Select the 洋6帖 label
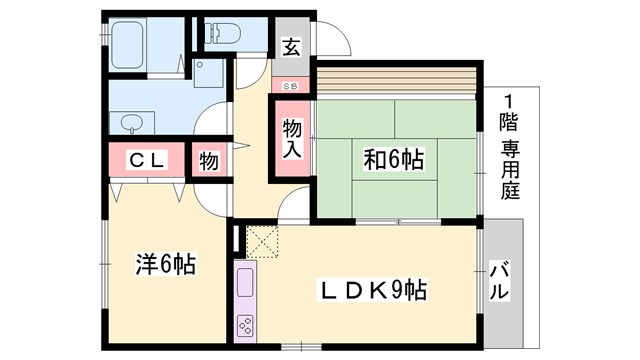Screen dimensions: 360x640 pyautogui.click(x=165, y=264)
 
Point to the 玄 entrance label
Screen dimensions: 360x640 pyautogui.click(x=290, y=46)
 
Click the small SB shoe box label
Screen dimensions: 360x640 pyautogui.click(x=290, y=86)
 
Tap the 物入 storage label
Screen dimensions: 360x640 pyautogui.click(x=292, y=137)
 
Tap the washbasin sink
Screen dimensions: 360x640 pyautogui.click(x=132, y=124)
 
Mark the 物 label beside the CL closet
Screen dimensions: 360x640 pyautogui.click(x=208, y=161)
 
